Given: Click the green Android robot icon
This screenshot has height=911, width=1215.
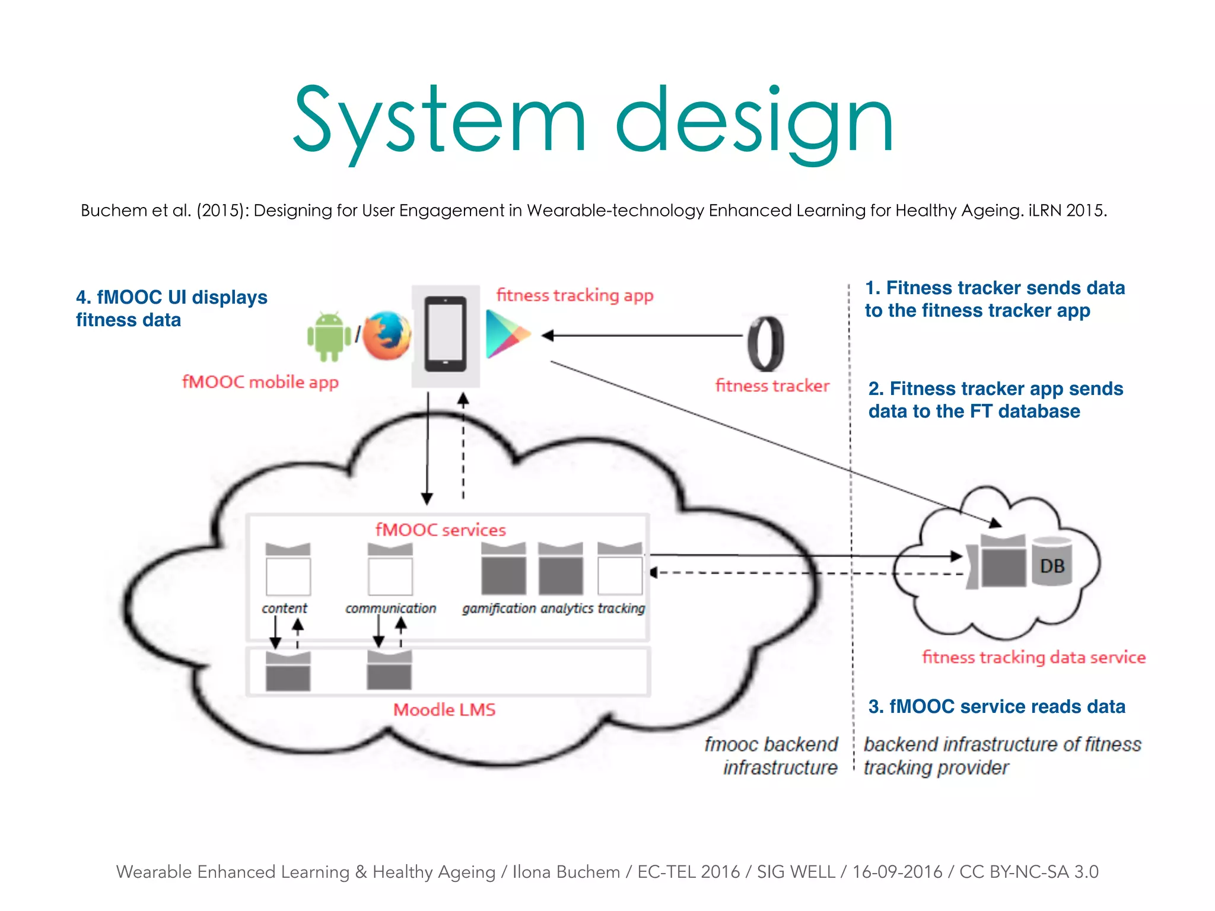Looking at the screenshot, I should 329,336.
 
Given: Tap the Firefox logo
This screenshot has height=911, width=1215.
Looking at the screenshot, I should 386,336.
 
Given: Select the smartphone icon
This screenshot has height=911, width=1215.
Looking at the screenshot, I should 445,334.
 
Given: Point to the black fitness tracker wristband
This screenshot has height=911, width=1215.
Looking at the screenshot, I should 765,343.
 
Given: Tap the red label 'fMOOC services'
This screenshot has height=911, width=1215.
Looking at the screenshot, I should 440,530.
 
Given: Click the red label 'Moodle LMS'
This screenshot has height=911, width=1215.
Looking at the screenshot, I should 444,709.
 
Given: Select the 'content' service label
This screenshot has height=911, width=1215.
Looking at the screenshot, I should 284,608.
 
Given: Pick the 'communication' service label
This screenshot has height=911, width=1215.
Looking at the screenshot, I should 390,608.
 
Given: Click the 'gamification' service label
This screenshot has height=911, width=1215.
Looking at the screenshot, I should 499,608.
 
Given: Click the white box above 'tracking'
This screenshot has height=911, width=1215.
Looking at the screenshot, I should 620,574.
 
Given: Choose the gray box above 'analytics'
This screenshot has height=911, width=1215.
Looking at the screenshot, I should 561,574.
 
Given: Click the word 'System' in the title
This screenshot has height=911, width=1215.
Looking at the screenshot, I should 439,122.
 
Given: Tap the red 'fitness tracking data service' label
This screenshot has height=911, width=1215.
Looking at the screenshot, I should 1033,657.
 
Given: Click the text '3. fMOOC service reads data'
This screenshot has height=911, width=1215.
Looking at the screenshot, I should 997,706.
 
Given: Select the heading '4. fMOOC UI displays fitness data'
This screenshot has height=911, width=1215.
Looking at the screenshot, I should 171,308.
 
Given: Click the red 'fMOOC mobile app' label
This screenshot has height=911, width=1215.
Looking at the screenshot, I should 260,382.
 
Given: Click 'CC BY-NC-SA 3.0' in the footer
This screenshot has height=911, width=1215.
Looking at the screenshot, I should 1029,872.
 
